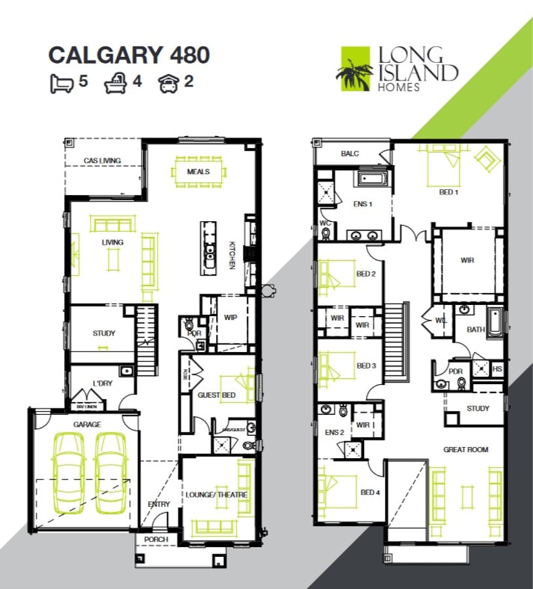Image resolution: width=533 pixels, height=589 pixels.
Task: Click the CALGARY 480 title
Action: point(129,55)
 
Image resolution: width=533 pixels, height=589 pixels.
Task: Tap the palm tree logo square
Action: point(354,68)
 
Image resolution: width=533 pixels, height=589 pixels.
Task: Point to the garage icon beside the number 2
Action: point(169,83)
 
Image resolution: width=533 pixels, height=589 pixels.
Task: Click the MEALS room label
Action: point(198,171)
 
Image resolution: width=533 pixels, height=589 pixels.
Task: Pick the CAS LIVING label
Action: point(102,160)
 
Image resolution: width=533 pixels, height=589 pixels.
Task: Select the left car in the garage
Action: point(68,473)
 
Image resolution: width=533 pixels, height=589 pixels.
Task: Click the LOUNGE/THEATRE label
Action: point(216,495)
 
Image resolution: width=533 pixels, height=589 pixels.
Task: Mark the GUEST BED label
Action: point(216,395)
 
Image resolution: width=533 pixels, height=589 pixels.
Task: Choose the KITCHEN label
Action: point(231,255)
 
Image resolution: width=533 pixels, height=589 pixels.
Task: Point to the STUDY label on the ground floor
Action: point(103,333)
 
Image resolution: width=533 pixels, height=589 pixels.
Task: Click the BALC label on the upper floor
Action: point(350,154)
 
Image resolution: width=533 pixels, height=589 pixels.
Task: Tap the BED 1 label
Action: point(449,192)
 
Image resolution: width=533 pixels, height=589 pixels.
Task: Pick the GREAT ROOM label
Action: point(466,450)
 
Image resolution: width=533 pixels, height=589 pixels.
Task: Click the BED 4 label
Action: point(370,492)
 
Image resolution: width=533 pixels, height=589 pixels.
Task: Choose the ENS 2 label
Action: point(334,432)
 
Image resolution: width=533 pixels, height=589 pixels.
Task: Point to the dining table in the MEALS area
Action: point(199,172)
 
